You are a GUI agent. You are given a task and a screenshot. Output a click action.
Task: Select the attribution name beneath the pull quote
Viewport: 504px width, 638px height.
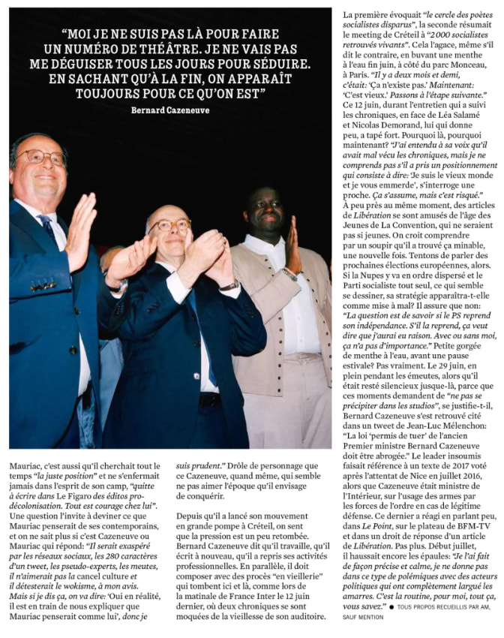point(170,110)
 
